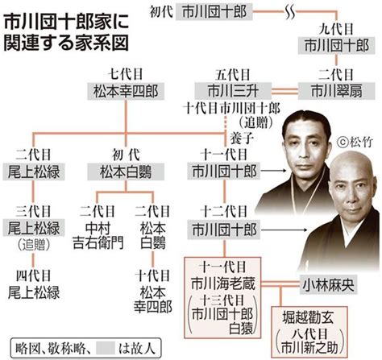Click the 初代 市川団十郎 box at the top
(214, 12)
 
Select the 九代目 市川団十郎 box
(336, 46)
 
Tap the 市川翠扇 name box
(336, 91)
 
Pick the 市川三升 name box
(233, 91)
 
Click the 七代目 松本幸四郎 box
(126, 91)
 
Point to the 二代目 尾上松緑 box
(34, 172)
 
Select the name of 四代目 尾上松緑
(34, 292)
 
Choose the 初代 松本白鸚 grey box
(126, 172)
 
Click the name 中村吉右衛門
(98, 236)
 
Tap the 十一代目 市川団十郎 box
(224, 172)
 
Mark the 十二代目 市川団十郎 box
(224, 230)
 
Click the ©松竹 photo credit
(355, 142)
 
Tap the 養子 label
(242, 139)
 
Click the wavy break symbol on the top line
(290, 12)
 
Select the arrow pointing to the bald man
(284, 230)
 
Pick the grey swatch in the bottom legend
(106, 348)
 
